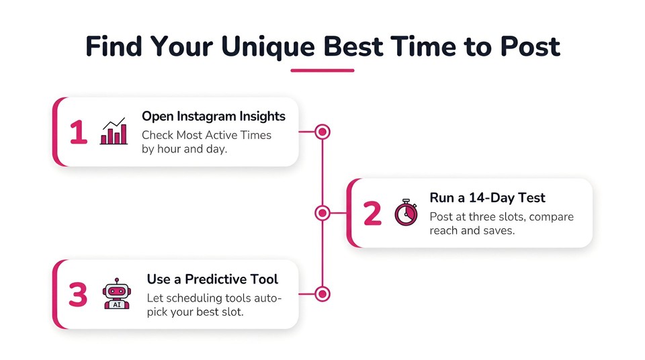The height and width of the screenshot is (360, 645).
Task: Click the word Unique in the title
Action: click(x=268, y=47)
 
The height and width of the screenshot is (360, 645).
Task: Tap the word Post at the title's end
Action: click(x=530, y=46)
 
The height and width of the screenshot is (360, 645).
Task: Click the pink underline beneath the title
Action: click(x=322, y=71)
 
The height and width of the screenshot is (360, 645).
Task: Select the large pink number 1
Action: click(x=78, y=132)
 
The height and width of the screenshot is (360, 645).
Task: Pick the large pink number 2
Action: click(x=373, y=214)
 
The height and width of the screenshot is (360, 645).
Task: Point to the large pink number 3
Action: click(x=78, y=295)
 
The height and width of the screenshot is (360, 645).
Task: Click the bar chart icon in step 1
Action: click(x=114, y=131)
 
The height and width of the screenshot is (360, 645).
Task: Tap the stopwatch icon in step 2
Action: click(x=406, y=212)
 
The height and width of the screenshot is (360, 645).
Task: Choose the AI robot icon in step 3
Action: click(x=117, y=294)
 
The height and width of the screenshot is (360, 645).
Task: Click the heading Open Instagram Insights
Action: click(x=214, y=116)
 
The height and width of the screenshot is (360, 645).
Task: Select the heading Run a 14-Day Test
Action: click(x=488, y=198)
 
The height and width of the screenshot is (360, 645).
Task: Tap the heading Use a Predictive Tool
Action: click(x=212, y=279)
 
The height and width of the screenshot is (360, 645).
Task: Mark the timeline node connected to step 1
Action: click(x=322, y=132)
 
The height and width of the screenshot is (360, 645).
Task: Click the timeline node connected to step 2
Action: click(x=322, y=213)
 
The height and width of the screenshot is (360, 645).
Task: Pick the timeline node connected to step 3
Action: click(x=322, y=294)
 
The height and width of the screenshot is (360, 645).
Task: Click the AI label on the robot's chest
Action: click(x=117, y=305)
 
